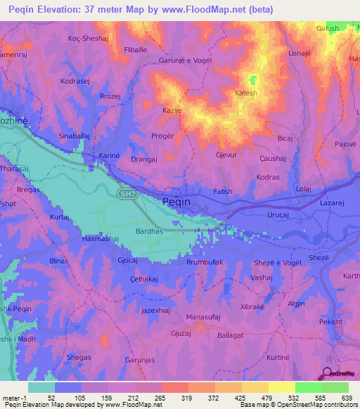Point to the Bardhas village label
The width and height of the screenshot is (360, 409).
click(149, 231)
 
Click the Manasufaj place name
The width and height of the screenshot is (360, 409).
click(205, 318)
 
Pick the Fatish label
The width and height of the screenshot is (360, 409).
click(222, 191)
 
